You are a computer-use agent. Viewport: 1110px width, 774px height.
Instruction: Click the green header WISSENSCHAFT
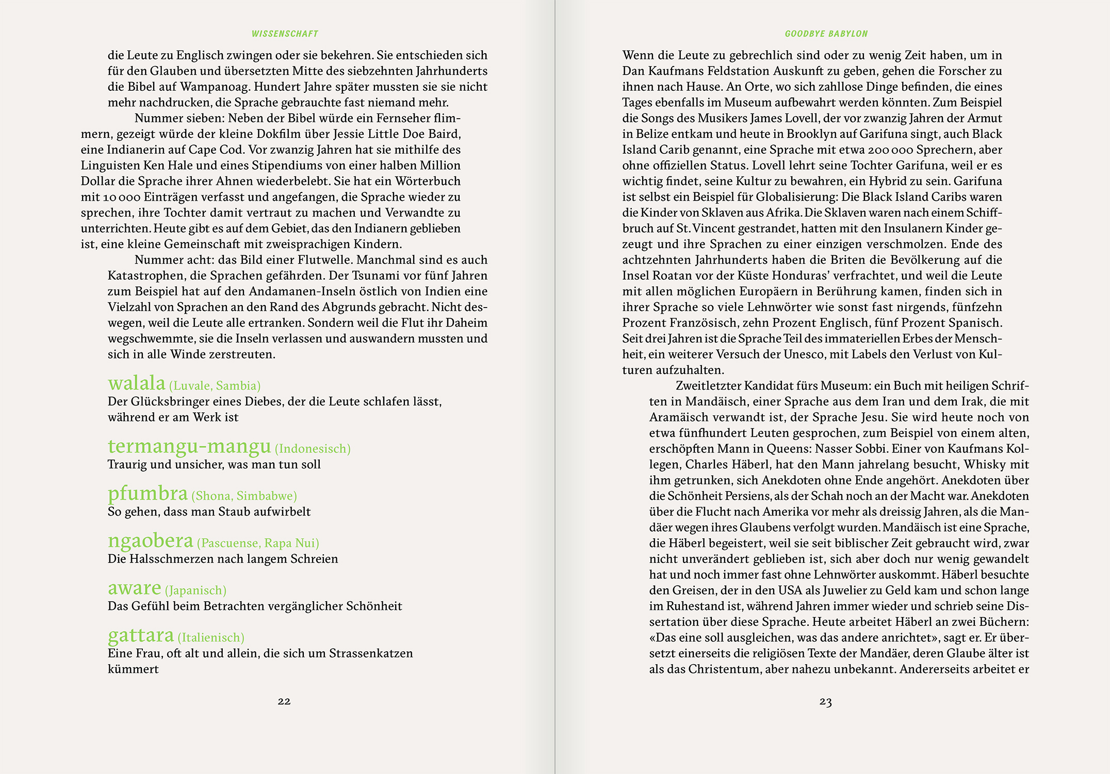285,34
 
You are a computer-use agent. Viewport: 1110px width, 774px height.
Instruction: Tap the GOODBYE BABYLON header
826,34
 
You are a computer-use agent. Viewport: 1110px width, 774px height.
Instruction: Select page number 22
284,701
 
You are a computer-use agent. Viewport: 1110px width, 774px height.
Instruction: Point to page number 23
825,702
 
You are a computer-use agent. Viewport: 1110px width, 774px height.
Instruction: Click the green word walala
137,383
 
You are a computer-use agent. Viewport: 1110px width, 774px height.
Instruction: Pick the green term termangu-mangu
189,446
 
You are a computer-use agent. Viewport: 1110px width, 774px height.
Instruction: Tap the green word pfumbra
148,493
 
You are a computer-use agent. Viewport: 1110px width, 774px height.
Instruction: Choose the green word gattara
141,635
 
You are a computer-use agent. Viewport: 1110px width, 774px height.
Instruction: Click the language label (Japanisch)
195,590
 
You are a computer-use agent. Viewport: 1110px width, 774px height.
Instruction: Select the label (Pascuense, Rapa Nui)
258,543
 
